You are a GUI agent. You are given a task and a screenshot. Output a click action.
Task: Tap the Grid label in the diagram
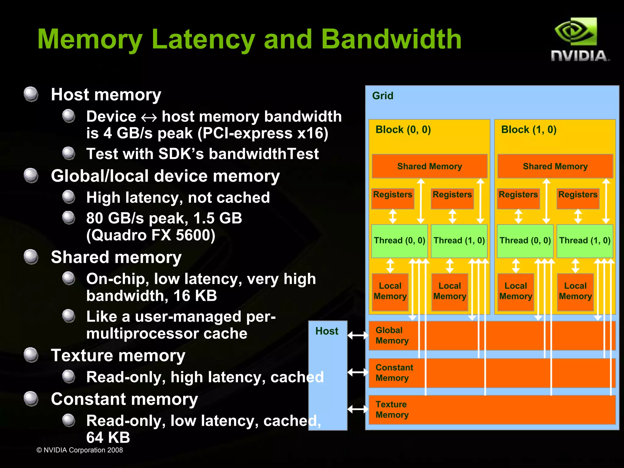click(382, 96)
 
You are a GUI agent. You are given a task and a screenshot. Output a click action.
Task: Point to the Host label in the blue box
click(327, 331)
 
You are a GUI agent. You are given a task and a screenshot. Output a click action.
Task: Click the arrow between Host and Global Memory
click(358, 335)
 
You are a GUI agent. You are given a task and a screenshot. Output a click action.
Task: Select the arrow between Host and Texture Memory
click(358, 409)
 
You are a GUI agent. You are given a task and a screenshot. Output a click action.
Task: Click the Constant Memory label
click(394, 373)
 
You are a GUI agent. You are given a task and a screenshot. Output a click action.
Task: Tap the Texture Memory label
click(392, 410)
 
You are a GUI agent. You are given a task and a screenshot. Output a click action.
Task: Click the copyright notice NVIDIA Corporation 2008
click(80, 450)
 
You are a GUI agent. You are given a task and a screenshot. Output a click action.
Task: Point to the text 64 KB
click(108, 438)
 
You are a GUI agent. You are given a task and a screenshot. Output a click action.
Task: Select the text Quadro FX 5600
click(151, 235)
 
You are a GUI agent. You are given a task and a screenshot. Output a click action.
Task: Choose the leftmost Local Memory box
click(390, 291)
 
